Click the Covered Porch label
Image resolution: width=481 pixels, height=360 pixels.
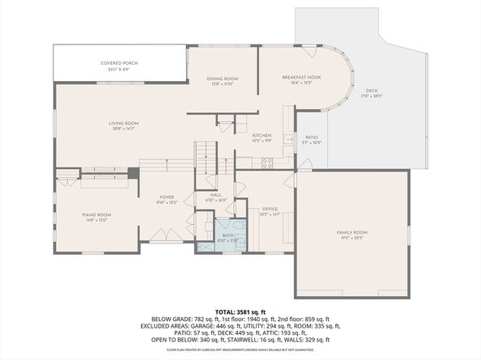117,63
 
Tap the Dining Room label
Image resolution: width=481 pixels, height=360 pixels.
222,78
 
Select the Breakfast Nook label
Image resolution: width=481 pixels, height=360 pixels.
301,78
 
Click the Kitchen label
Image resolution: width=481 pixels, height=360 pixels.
261,135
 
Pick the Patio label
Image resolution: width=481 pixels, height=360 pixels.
311,138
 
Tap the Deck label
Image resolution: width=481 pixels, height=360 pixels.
372,91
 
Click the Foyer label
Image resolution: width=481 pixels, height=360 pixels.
167,197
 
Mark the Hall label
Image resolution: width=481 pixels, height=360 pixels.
215,195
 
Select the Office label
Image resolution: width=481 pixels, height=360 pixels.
270,209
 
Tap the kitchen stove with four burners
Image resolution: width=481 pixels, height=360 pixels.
267,163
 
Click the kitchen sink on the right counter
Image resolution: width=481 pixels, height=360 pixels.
289,140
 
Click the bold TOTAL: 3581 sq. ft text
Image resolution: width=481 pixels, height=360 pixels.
240,311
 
